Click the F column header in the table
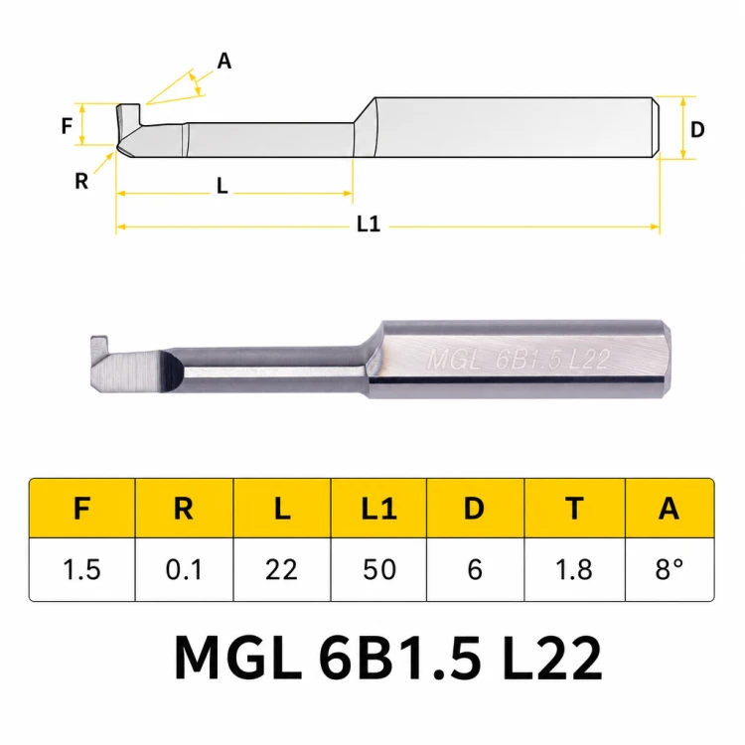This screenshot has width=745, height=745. [82, 508]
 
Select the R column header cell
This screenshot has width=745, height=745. [185, 508]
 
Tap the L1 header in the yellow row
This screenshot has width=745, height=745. [378, 508]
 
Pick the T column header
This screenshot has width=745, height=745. [574, 508]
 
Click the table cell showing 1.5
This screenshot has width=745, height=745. [82, 569]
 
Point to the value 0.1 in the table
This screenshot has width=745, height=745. [185, 569]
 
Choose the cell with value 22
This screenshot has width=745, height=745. [282, 569]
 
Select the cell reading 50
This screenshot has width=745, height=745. [378, 569]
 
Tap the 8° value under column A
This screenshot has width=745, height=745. [670, 569]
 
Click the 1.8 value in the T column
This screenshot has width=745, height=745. [574, 569]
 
